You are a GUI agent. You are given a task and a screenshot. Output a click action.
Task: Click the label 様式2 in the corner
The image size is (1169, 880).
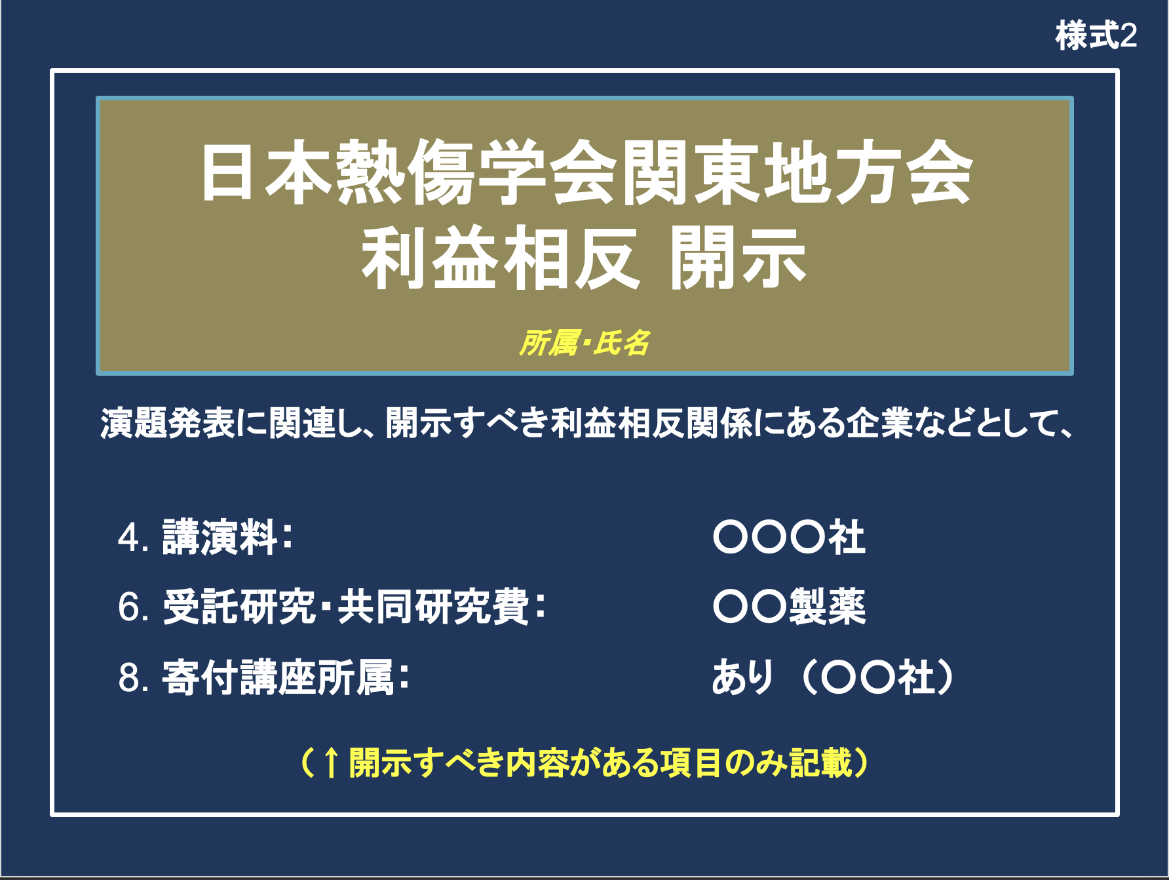(1096, 35)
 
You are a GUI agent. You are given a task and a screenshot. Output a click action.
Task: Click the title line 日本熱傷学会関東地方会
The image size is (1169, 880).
(586, 172)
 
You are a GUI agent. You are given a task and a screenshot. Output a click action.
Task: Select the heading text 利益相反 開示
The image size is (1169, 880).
(583, 258)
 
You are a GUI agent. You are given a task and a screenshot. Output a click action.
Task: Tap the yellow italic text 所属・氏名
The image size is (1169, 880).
(584, 343)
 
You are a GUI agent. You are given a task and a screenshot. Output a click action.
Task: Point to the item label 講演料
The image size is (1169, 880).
(220, 537)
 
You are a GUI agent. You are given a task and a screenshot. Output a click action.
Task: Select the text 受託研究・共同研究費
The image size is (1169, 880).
(345, 607)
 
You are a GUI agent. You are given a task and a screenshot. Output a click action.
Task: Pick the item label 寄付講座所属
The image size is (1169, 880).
(278, 677)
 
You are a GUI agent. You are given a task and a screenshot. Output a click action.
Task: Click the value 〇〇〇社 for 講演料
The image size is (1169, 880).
(790, 537)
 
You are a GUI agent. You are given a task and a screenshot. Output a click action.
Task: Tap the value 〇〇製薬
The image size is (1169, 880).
(790, 607)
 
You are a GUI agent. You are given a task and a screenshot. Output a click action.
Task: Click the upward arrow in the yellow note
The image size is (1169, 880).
(331, 763)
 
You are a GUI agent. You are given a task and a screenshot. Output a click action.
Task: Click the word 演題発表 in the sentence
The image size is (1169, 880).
(168, 423)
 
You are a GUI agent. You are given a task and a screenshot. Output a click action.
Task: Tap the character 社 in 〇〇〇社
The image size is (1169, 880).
(847, 537)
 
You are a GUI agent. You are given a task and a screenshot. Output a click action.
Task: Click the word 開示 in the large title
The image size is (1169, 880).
(738, 258)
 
